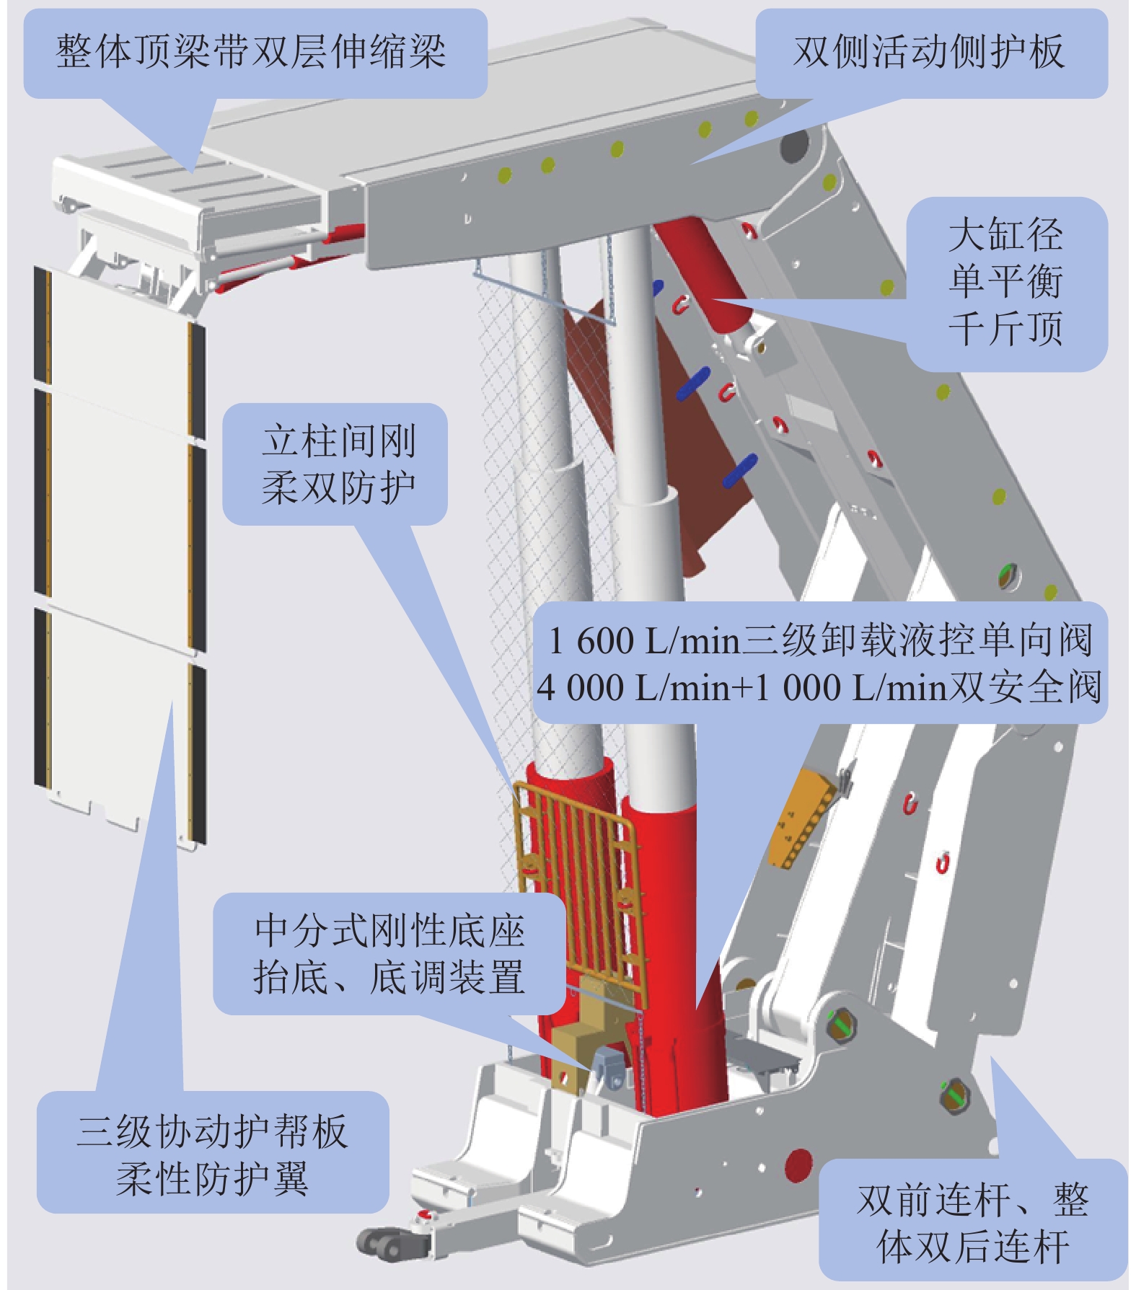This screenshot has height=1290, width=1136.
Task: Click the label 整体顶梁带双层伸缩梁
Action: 251,52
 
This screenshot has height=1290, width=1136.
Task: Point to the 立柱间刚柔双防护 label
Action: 338,464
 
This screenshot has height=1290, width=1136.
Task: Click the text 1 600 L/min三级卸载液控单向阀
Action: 820,640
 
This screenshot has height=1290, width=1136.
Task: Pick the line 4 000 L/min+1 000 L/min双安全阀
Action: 819,687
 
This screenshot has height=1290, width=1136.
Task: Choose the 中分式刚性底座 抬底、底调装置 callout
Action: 389,953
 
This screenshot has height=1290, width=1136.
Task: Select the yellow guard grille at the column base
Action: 577,851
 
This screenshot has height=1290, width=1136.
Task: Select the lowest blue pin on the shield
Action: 740,470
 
